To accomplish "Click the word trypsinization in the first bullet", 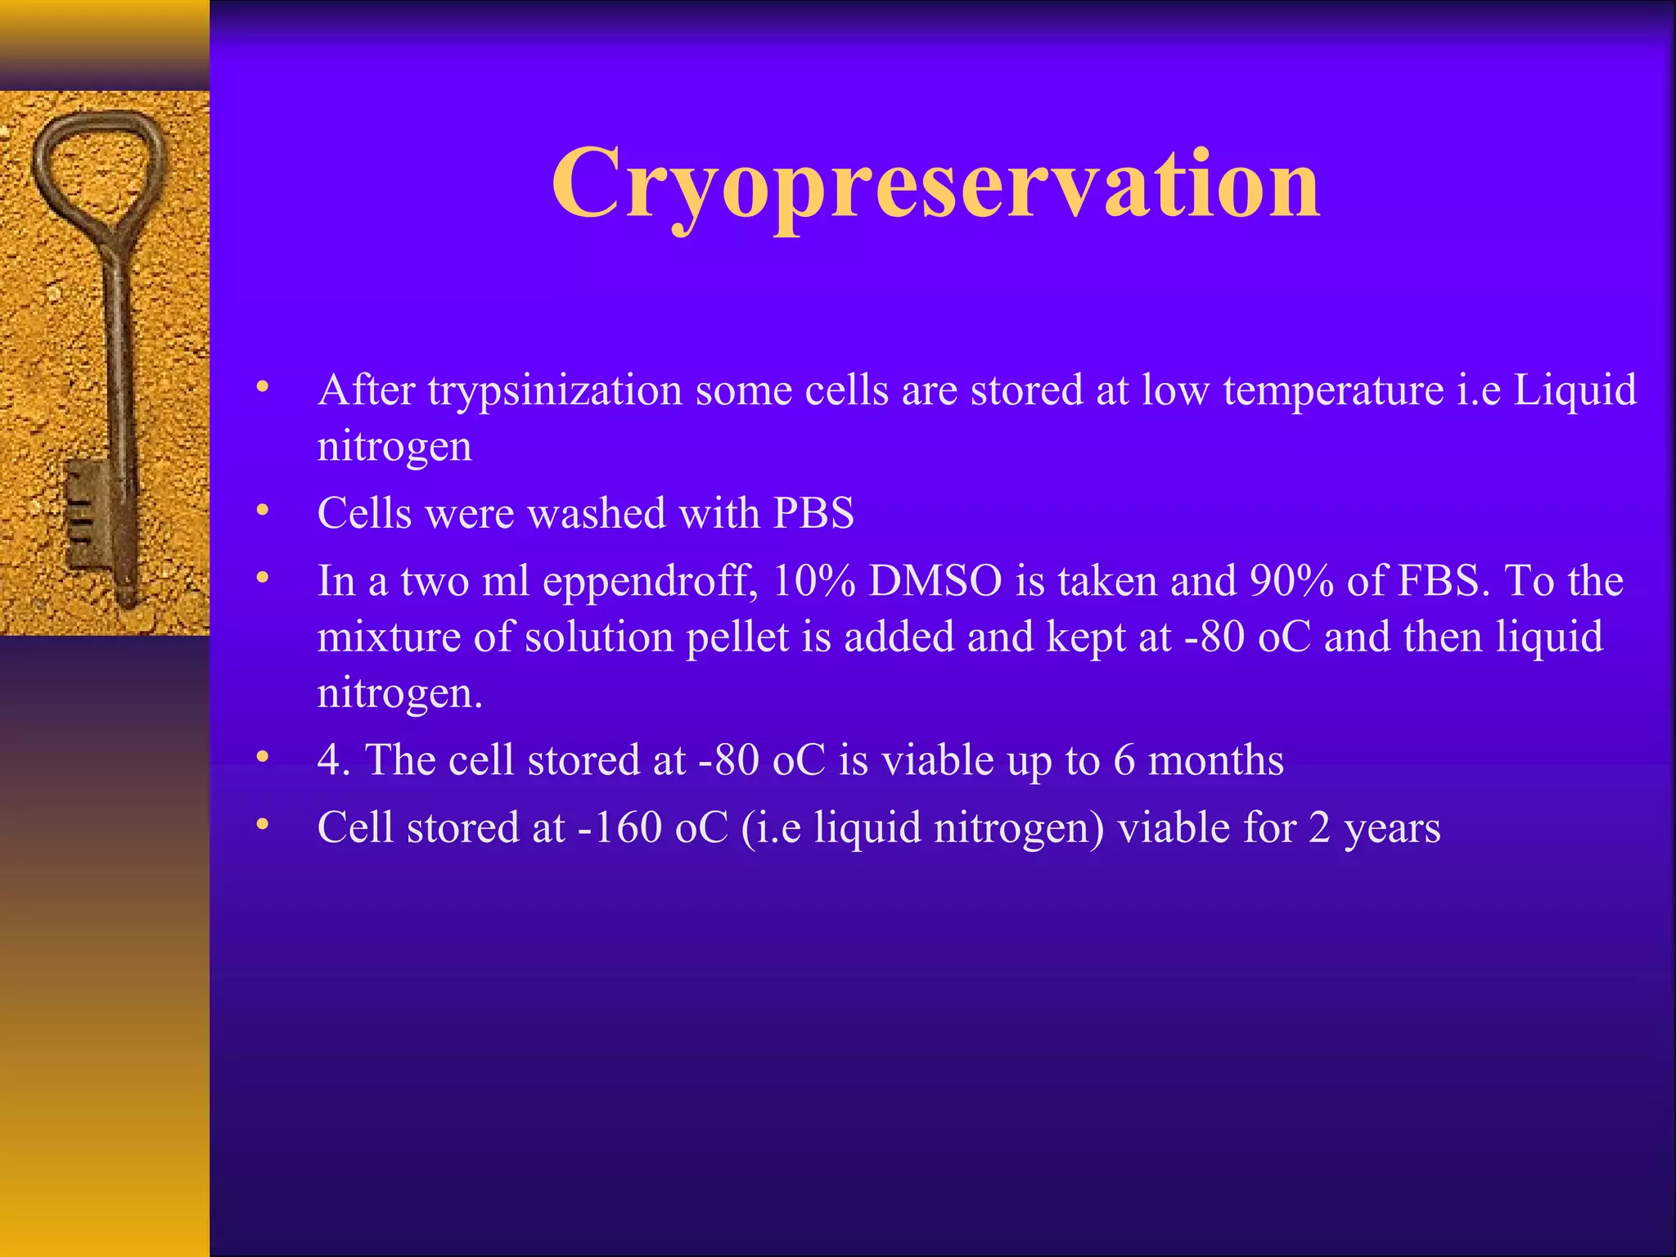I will tap(556, 390).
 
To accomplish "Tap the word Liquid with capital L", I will tap(1575, 390).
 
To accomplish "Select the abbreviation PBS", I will tap(813, 514).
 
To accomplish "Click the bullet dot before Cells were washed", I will tap(262, 511).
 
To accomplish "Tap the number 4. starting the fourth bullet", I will tap(334, 760).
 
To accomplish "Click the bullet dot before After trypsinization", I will tap(262, 386).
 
